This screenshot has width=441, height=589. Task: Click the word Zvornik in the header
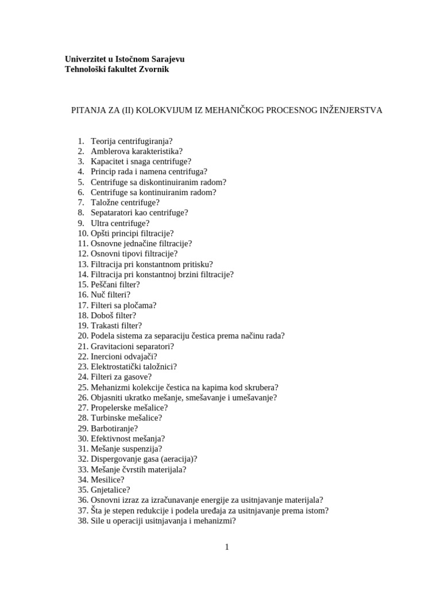coord(151,70)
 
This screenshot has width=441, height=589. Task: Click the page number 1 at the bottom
coord(227,547)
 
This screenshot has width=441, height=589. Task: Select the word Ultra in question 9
coord(100,223)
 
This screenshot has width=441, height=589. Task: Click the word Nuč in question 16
coord(98,295)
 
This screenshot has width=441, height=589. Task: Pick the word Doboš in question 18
coord(102,316)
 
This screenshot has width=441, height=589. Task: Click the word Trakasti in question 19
coord(105,326)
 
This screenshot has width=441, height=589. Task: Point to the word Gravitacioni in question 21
coord(113,346)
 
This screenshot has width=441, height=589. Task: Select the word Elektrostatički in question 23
coord(116,367)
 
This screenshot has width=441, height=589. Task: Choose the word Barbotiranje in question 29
coord(113,429)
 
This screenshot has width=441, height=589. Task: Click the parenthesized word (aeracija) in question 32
coord(176,459)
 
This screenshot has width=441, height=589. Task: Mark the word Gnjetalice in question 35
coord(109,490)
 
